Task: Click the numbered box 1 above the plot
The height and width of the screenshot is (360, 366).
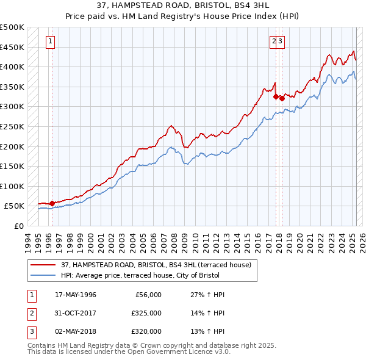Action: pyautogui.click(x=49, y=41)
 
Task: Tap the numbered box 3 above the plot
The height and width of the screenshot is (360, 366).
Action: pyautogui.click(x=282, y=41)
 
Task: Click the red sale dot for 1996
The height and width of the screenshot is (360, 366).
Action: pyautogui.click(x=52, y=203)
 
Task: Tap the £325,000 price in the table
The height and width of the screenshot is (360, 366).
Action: pyautogui.click(x=147, y=313)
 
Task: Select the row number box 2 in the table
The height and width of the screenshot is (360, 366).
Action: pyautogui.click(x=30, y=313)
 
